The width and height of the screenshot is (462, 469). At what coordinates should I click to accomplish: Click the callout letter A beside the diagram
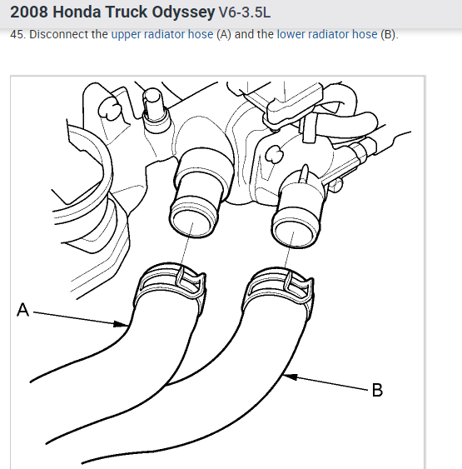click(23, 310)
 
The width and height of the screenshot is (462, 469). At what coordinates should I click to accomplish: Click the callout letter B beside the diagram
click(377, 390)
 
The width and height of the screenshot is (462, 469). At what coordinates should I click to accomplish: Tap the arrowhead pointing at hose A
click(122, 324)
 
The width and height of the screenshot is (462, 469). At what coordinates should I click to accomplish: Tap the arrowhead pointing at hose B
click(290, 377)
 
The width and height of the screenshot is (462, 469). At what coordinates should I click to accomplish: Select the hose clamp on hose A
click(171, 283)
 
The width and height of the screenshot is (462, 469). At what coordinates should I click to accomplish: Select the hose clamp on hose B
click(278, 287)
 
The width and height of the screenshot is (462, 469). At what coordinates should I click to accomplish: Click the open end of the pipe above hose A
click(194, 217)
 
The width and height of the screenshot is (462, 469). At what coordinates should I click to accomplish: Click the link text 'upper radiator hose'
click(162, 34)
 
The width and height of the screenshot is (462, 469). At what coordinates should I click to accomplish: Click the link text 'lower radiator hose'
click(327, 34)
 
